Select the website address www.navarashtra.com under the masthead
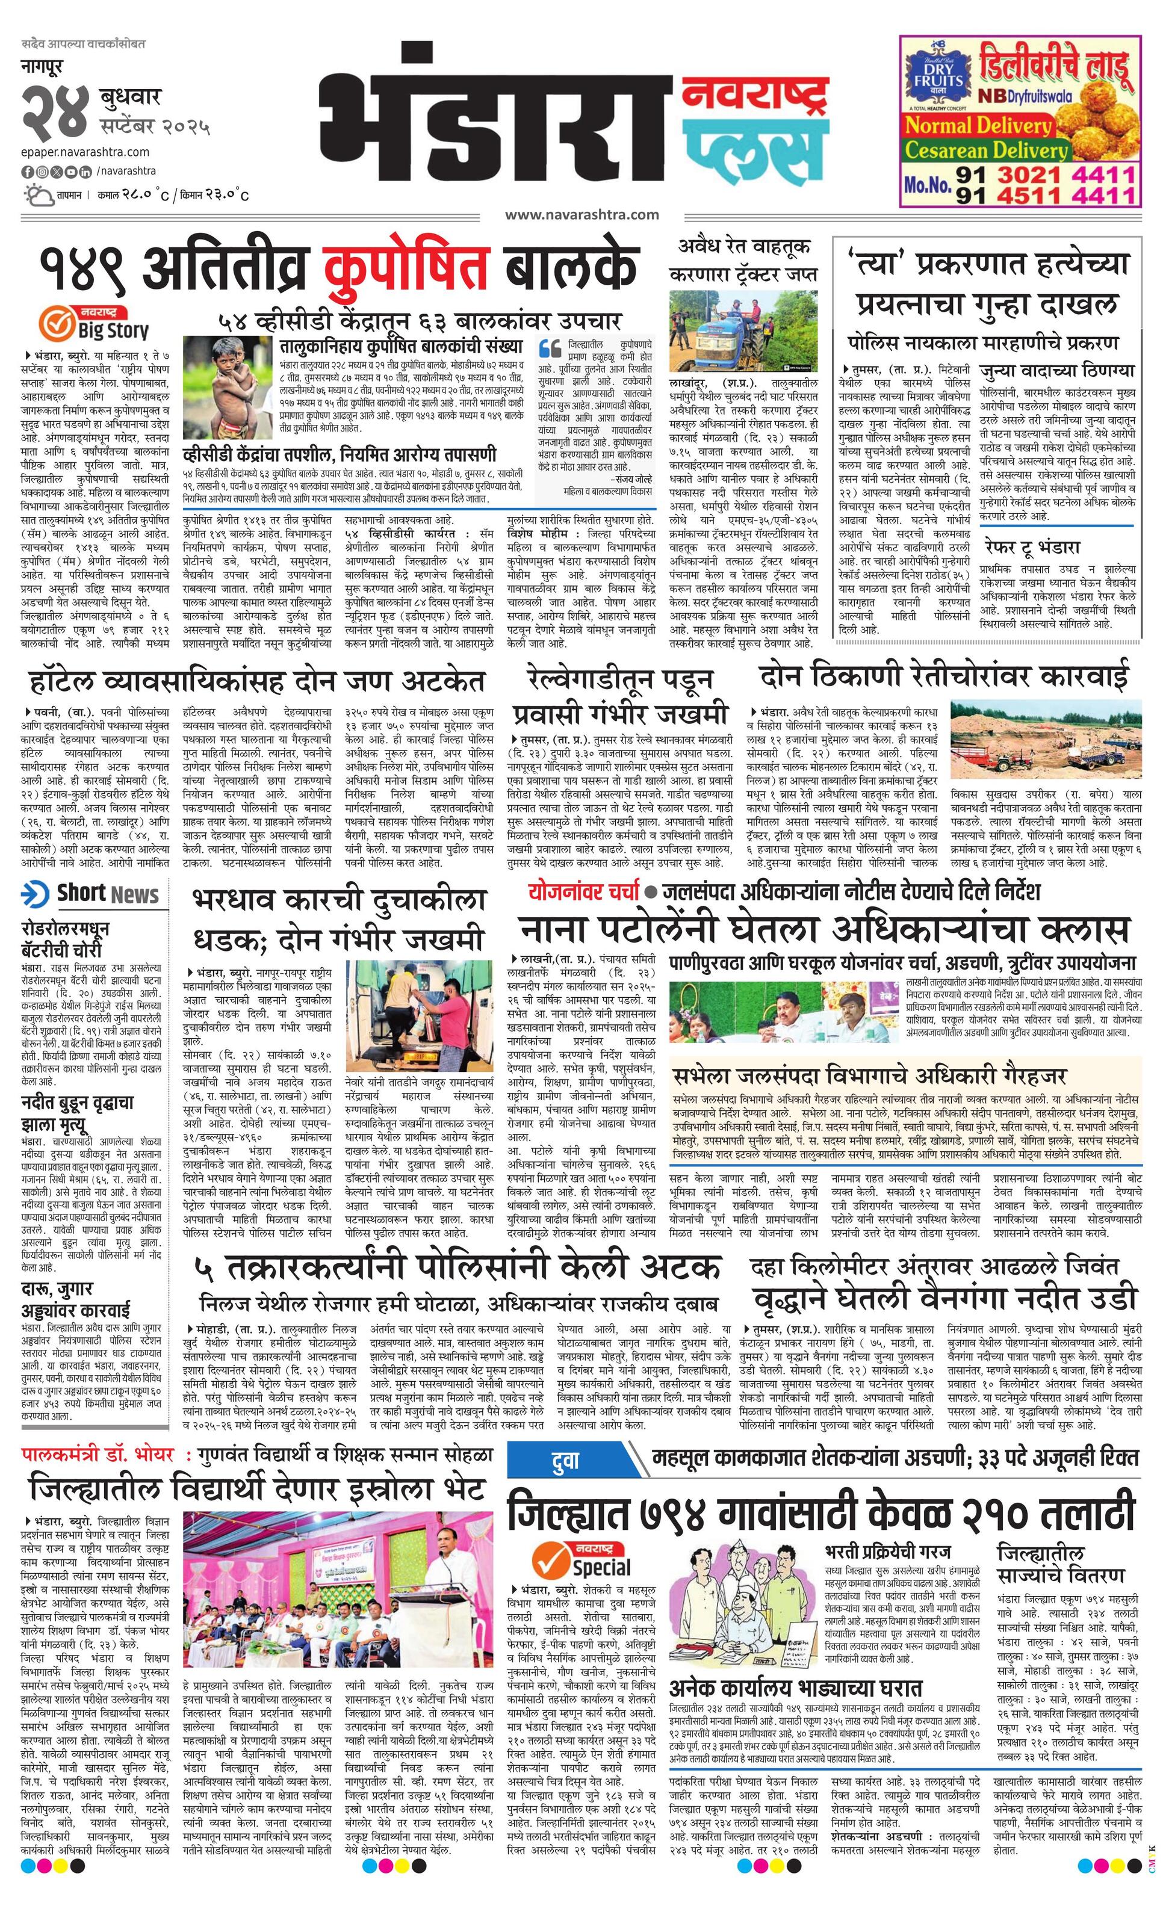pos(581,215)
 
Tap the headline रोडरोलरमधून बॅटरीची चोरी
pos(66,938)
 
